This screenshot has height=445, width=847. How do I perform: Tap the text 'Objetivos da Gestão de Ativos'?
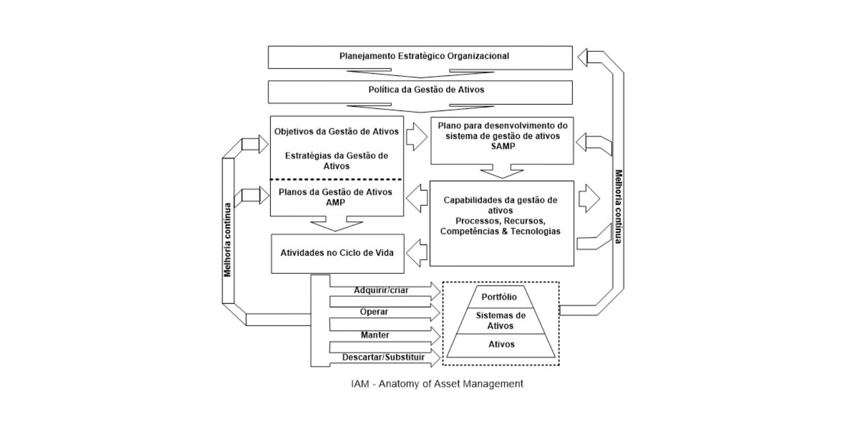(336, 131)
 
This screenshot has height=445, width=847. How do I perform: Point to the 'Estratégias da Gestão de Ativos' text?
(336, 161)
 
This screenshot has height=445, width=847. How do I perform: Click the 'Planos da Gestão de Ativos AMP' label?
(335, 197)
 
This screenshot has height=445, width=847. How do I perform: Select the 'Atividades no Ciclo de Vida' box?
(337, 253)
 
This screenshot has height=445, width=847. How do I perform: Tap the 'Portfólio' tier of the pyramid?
(499, 297)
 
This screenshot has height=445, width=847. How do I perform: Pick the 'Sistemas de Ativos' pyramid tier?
(500, 320)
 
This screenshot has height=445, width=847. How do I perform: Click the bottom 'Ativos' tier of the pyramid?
(501, 344)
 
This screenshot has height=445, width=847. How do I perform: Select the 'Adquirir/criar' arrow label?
(381, 291)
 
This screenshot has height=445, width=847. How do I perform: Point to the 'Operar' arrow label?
(374, 312)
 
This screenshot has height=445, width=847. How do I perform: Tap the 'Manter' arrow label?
(375, 335)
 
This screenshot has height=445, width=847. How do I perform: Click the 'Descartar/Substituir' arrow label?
(383, 358)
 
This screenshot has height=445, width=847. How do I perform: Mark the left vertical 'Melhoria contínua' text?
(227, 240)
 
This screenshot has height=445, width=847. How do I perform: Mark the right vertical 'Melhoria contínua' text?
(618, 206)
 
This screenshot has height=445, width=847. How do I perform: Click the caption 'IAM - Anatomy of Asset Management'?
(437, 384)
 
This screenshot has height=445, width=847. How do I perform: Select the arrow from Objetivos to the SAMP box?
(417, 137)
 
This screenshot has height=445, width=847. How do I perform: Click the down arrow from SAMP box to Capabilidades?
(502, 171)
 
